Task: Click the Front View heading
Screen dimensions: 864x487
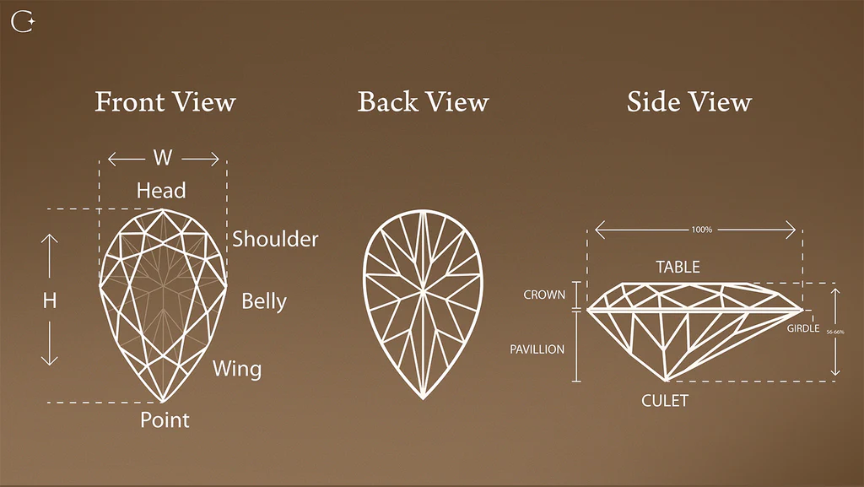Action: [165, 102]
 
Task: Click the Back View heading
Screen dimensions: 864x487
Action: [424, 102]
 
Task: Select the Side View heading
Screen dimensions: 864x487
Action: [689, 102]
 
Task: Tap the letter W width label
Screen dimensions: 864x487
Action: [163, 158]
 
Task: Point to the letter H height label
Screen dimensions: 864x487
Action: [50, 300]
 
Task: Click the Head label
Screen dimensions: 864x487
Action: [161, 191]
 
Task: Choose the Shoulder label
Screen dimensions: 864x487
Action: [276, 239]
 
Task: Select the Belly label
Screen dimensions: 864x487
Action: [264, 302]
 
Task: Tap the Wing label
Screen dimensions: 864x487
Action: [237, 369]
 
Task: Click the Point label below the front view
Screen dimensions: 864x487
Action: [165, 420]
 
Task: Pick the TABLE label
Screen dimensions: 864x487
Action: [678, 268]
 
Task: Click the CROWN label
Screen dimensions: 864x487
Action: [544, 295]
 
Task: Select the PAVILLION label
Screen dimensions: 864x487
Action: [537, 349]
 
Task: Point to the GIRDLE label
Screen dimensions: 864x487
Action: [803, 328]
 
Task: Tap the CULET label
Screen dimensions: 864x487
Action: [665, 401]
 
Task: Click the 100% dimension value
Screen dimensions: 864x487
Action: [702, 230]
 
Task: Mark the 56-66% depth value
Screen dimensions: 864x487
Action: [835, 333]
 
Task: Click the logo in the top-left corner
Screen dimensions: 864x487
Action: [23, 21]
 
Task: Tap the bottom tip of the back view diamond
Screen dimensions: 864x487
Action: [423, 398]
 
